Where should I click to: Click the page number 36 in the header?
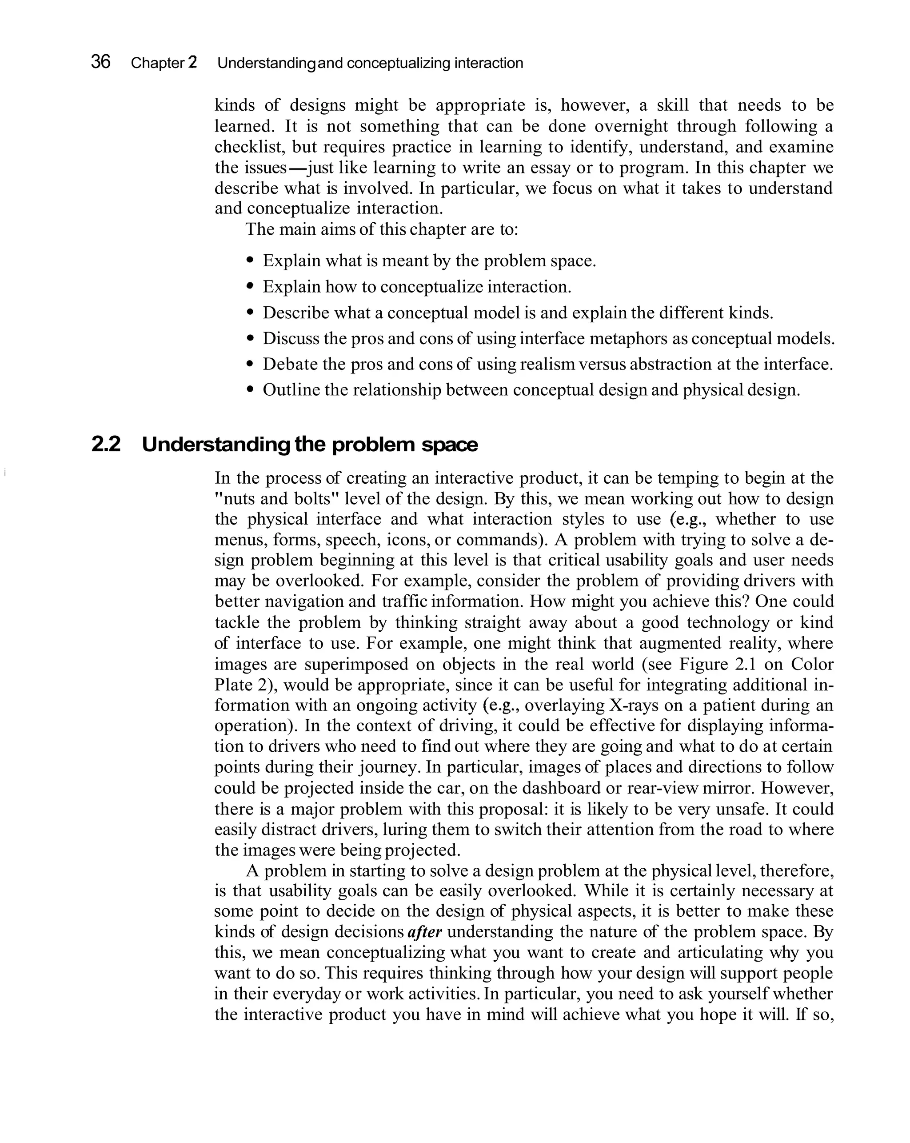101,62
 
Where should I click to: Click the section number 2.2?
106,444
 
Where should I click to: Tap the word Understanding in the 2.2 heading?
216,444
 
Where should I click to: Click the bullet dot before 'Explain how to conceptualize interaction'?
251,286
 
